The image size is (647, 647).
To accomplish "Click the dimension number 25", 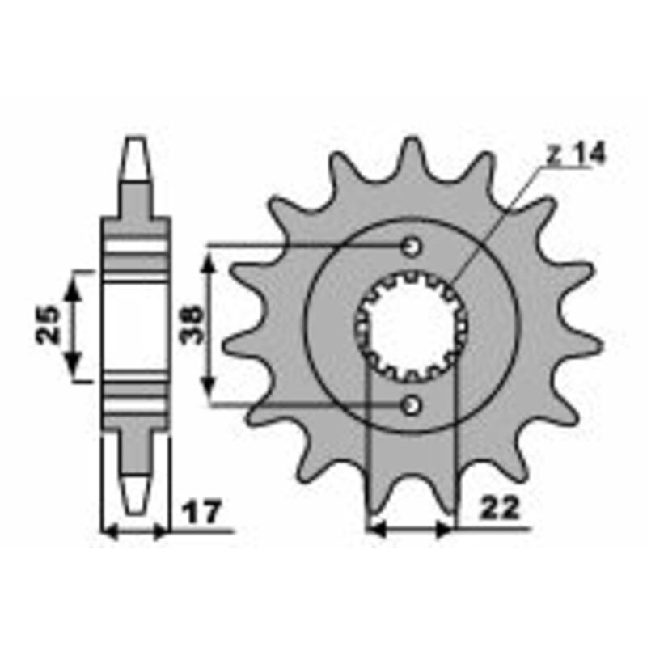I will point(50,325).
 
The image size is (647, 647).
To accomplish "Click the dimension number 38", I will point(187,324).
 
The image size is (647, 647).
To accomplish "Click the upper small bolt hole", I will point(412,246).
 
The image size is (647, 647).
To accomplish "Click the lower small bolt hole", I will point(412,403).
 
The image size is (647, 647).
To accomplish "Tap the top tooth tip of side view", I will point(137,146).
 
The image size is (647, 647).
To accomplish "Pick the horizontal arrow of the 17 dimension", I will point(136,532).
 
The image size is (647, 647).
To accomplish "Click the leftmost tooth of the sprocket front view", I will point(230,334).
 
